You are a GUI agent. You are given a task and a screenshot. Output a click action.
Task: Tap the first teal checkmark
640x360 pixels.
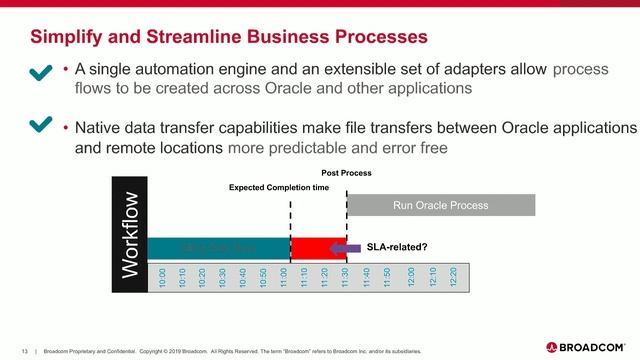click(x=41, y=73)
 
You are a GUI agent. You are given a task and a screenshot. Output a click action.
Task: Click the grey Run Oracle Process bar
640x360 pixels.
click(x=440, y=206)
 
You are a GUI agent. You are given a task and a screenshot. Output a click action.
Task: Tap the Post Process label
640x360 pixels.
click(x=346, y=173)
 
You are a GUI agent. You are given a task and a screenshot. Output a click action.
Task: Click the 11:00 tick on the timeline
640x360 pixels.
click(x=284, y=277)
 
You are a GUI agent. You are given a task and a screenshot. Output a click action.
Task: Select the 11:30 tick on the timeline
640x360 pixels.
click(x=345, y=277)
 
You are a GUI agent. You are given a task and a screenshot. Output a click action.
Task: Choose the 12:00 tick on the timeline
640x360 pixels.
click(x=411, y=277)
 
